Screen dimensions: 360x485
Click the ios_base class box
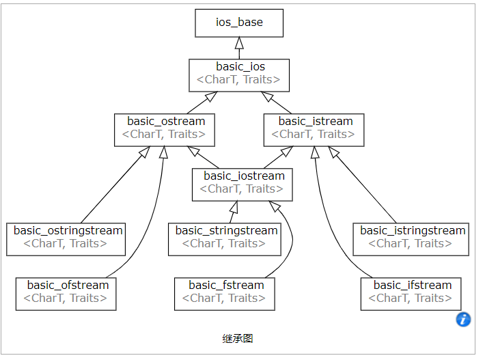click(239, 23)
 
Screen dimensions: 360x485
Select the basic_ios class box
click(239, 74)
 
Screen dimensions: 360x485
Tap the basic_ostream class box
click(164, 129)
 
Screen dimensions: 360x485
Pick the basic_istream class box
click(314, 129)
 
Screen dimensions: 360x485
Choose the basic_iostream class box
click(242, 184)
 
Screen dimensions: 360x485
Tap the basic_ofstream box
click(66, 293)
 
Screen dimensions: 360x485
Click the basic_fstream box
click(226, 293)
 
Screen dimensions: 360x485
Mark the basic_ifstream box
click(411, 293)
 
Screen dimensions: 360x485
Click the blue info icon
click(463, 319)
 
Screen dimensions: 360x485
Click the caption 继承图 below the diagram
click(238, 339)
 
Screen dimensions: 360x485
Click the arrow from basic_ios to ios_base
click(239, 48)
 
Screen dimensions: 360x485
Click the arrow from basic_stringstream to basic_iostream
click(232, 212)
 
